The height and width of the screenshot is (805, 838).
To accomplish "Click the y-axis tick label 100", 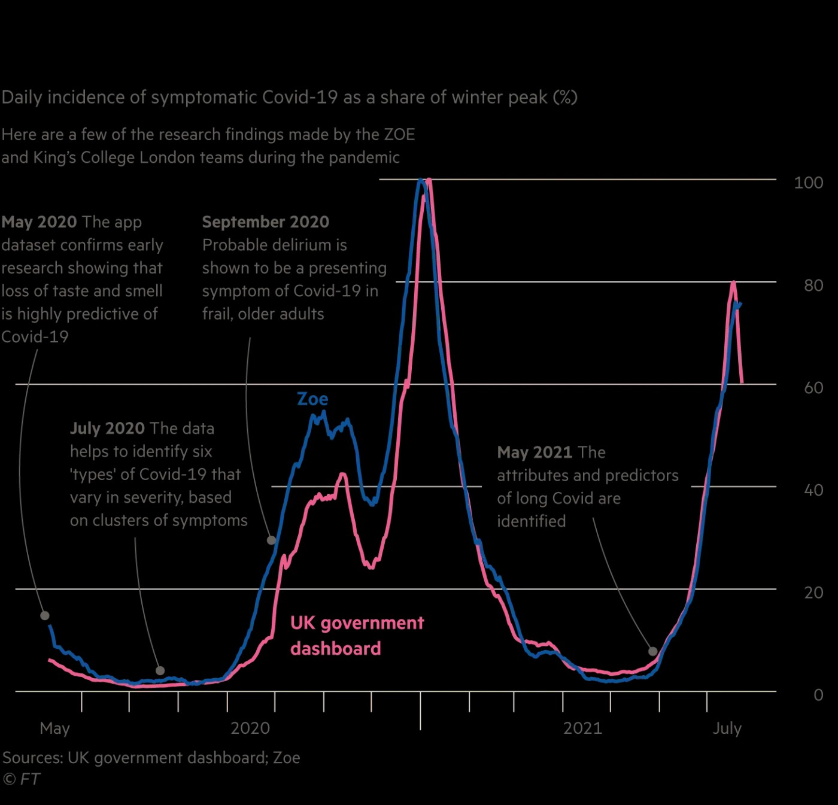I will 808,183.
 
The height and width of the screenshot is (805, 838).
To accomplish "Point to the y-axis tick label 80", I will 813,285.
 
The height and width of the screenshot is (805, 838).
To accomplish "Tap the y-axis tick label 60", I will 813,388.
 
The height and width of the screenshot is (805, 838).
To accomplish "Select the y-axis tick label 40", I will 813,490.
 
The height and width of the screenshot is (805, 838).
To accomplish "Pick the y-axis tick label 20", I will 813,593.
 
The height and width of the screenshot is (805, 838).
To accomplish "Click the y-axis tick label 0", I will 818,695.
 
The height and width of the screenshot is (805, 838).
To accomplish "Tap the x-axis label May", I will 54,728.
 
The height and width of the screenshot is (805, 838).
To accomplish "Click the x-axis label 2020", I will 250,728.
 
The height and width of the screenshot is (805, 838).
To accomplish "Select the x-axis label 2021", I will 582,728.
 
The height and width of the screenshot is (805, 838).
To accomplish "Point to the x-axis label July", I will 727,728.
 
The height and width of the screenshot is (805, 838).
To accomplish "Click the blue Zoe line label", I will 312,399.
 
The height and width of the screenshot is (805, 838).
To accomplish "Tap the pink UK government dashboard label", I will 357,635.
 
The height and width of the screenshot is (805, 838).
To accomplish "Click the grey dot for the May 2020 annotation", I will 45,615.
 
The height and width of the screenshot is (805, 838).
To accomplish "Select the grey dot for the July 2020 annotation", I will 160,670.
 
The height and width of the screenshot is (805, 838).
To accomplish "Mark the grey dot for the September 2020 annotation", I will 271,540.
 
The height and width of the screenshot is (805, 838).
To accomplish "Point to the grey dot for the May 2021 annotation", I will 652,651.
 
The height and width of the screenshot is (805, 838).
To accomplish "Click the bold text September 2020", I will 265,222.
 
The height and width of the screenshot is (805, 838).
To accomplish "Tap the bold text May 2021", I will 535,452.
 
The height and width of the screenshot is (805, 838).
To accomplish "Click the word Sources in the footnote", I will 32,758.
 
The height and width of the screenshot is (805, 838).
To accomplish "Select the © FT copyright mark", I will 22,779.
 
